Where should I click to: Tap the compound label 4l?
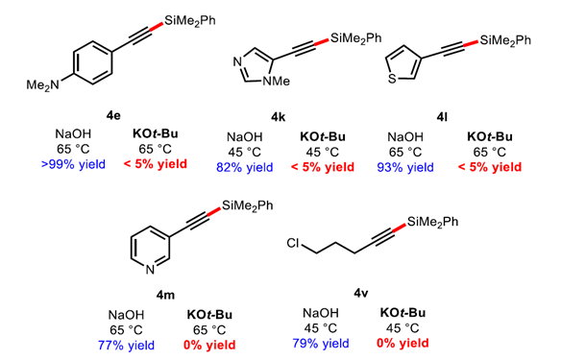tap(445, 116)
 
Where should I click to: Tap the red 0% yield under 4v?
tap(402, 345)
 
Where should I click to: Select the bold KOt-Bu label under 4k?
tap(319, 135)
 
